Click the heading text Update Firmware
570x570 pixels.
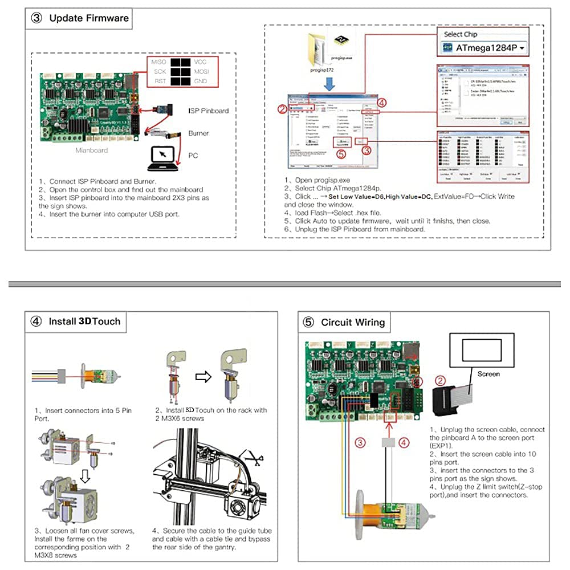tap(89, 18)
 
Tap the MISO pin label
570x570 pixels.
tap(158, 62)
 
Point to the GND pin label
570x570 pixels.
tap(200, 82)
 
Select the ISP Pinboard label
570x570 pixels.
tap(208, 111)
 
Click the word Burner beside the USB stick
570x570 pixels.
tap(198, 133)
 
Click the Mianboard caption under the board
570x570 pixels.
tap(92, 151)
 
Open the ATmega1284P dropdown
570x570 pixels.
tap(485, 48)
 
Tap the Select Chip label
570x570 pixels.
tap(461, 34)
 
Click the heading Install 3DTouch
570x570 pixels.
tap(84, 321)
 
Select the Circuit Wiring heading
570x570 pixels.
tap(353, 323)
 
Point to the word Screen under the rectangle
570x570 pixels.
tap(488, 374)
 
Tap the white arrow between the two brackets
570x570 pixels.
tap(203, 377)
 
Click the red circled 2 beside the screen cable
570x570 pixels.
tap(439, 380)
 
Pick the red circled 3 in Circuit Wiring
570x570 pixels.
tap(360, 442)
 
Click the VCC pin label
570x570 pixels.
tap(200, 62)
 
